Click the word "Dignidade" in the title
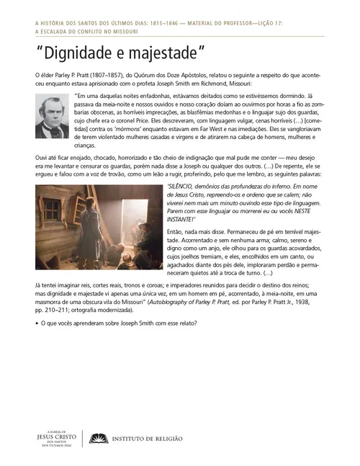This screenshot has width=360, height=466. [78, 53]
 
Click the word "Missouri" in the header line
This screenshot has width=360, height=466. [119, 32]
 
